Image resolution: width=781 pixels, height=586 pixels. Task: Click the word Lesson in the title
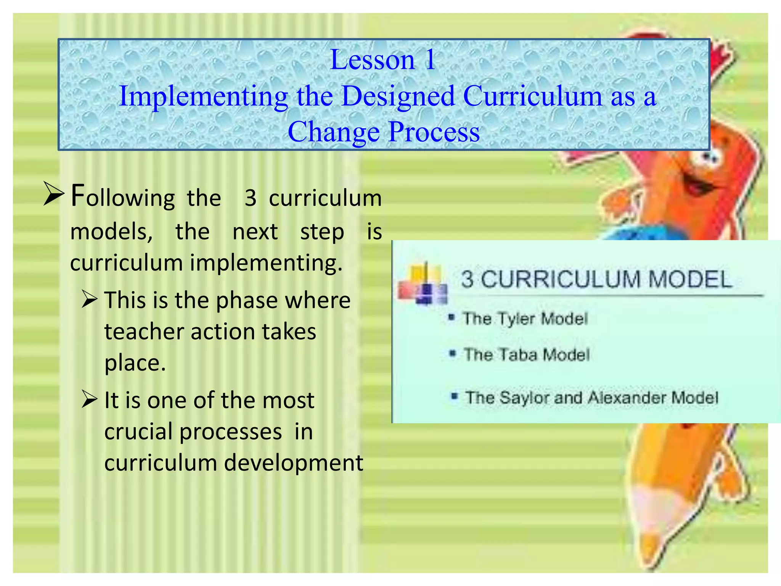(x=372, y=60)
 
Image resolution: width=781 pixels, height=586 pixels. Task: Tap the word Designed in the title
(x=398, y=96)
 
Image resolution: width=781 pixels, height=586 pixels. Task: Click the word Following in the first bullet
(x=123, y=197)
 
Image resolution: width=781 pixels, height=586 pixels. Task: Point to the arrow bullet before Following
(x=53, y=194)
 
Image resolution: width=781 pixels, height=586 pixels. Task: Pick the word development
(x=293, y=463)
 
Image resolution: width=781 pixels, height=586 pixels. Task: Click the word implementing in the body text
(x=266, y=263)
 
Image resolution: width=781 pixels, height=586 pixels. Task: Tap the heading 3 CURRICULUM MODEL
(x=596, y=279)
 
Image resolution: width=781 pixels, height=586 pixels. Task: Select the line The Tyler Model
(x=525, y=319)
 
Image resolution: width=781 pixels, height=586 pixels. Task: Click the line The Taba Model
(x=526, y=355)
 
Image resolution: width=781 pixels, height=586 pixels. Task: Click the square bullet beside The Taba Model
(x=453, y=354)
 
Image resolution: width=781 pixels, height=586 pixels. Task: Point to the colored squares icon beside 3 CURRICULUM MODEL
(x=422, y=284)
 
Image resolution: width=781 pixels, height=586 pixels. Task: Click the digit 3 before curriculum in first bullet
(x=250, y=198)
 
